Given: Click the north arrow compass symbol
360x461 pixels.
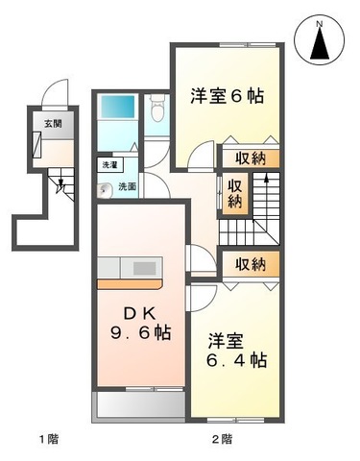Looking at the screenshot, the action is coord(320,40).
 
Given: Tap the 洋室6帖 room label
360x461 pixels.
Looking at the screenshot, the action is coord(227,96).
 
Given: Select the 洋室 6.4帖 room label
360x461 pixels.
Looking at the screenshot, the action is coord(236,351).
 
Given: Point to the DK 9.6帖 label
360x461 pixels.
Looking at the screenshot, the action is coord(140,324).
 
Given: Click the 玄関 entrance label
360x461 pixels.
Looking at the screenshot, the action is coord(53,124).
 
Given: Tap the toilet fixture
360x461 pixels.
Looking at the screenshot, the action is coord(156,109).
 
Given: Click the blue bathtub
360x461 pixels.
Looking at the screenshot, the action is coord(118,107).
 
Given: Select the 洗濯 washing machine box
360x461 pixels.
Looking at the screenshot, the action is coord(108,165).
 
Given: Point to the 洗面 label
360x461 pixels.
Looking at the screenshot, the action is coord(128,186).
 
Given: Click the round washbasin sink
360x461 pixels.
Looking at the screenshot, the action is coord(104,189).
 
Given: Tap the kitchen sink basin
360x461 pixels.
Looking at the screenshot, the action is coord(144,268).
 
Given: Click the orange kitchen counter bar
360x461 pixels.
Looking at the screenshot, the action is coord(130,283).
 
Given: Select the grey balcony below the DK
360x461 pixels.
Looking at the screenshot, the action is coord(139,404).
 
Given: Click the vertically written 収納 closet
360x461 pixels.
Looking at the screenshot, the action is coord(235,194).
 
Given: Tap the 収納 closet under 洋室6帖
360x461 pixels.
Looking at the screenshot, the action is coord(251,158).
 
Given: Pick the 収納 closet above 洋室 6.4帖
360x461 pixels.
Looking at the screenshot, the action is coord(251,264).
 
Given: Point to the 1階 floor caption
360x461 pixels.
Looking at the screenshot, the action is coord(49,439).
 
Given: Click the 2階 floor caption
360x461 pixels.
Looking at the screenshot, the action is coord(222,439).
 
